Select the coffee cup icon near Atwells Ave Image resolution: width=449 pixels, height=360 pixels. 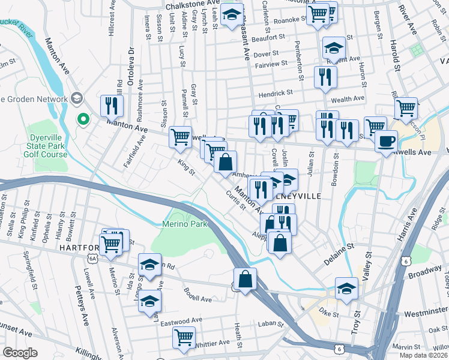coord(386,141)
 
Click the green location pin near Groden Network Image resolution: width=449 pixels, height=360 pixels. coord(83,121)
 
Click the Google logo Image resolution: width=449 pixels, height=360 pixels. coord(20,353)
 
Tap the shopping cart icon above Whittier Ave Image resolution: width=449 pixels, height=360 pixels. coord(184,337)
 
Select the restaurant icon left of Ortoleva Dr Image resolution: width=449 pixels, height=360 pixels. coord(112,106)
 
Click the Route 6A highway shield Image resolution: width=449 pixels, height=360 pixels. coord(92,258)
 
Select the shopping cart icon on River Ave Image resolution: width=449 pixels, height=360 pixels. coord(406,108)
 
